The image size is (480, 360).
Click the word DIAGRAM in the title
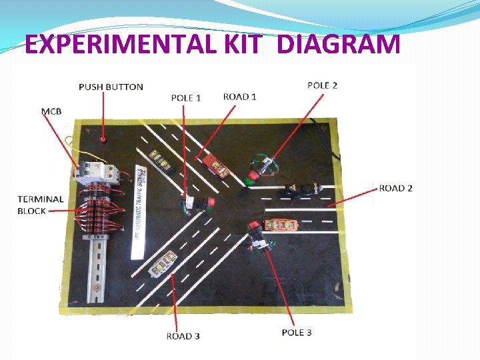point(337,45)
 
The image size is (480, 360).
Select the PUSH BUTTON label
point(111,87)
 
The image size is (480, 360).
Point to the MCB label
point(51,111)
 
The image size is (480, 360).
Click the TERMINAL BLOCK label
point(41,205)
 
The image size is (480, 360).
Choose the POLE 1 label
point(186,98)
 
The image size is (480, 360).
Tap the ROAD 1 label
point(240,97)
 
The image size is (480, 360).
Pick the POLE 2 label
point(322,85)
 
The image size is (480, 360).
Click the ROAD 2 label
point(396,188)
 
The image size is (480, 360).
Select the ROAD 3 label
point(183,336)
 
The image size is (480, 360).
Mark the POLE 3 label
point(297,332)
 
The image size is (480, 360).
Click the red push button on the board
point(103,139)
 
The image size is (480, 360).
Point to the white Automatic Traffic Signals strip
point(141,210)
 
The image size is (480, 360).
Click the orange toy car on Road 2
point(281,225)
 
